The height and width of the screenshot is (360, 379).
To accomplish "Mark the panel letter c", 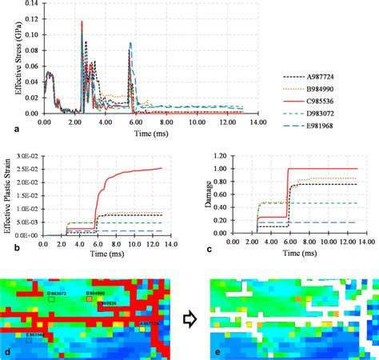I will click(203, 251).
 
